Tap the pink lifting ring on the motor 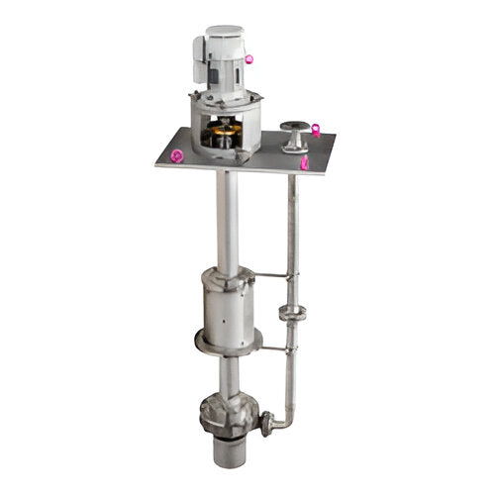pos(248,59)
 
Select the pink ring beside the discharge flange pos(315,128)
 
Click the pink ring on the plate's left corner pos(176,155)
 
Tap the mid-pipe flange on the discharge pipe pos(291,314)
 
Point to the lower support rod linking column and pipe pos(275,348)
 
